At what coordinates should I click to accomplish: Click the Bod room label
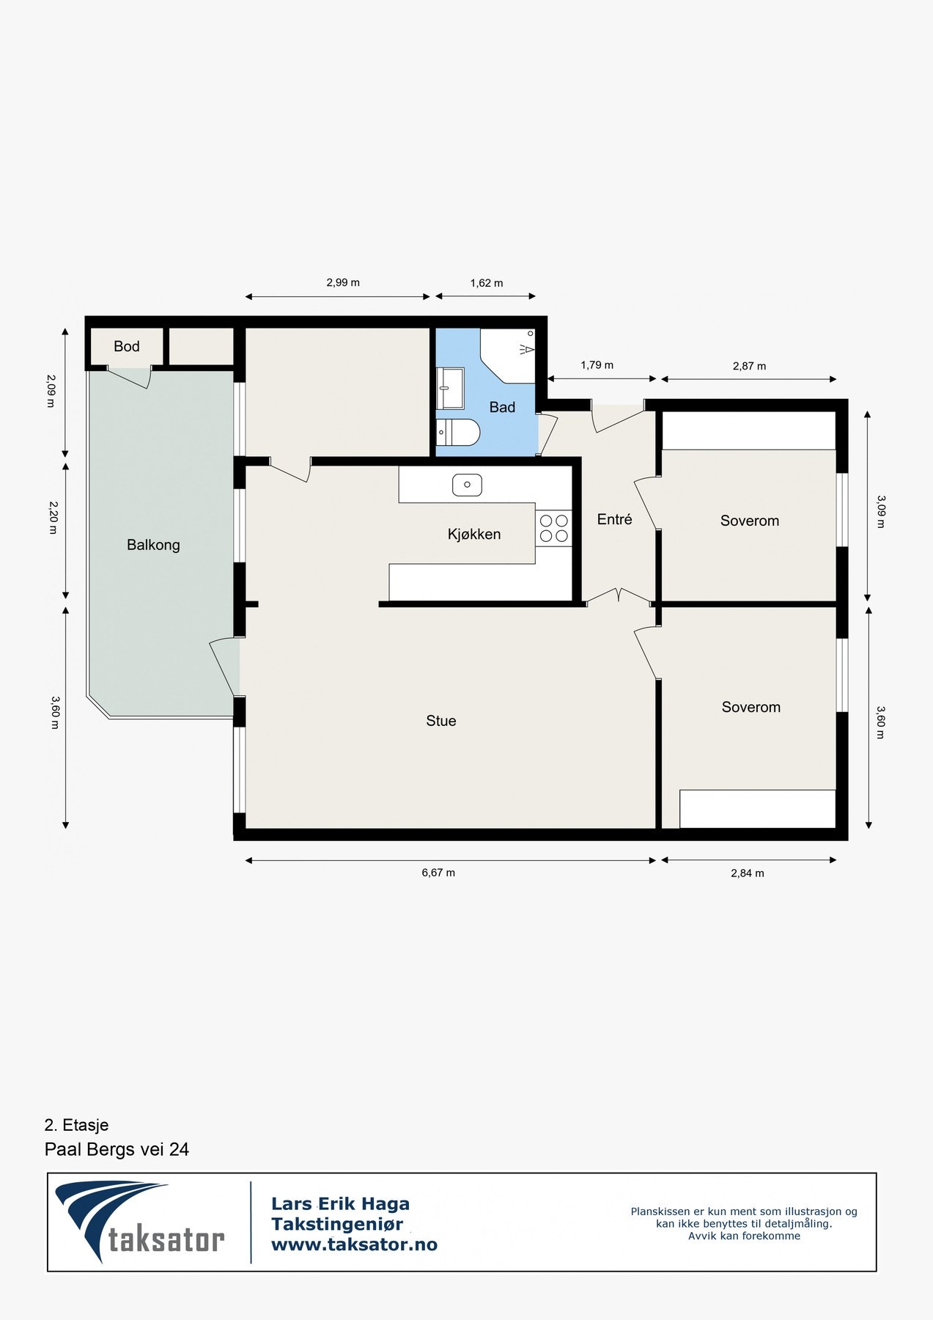pos(126,346)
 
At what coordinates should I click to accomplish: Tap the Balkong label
pos(153,545)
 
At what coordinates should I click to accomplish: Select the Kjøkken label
pos(474,535)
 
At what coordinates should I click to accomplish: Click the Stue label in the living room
pos(441,721)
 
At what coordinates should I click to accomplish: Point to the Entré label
pos(614,519)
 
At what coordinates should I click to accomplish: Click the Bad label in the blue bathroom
pos(502,407)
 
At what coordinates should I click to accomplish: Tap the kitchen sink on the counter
pos(467,485)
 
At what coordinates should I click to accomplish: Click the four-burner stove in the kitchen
pos(554,528)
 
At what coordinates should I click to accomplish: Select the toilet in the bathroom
pos(457,432)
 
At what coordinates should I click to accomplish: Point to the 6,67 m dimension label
pos(438,873)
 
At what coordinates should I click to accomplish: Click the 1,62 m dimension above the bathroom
pos(487,283)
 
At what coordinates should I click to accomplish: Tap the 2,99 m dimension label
pos(343,282)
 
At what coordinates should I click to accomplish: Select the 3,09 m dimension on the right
pos(881,512)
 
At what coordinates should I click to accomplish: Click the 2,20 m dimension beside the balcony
pos(53,517)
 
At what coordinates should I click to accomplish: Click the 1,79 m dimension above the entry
pos(597,365)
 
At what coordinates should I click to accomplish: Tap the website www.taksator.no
pos(354,1244)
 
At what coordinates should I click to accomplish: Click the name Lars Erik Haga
pos(340,1203)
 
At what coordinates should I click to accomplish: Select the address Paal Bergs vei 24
pos(117,1149)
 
